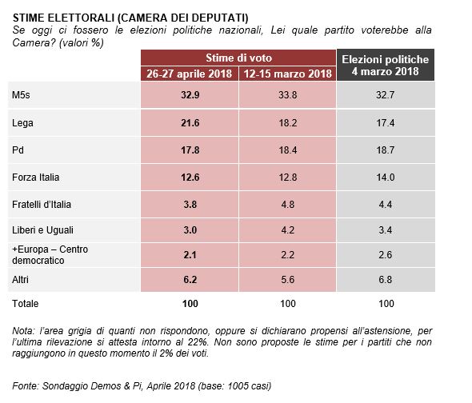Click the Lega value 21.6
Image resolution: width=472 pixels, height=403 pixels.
pyautogui.click(x=190, y=123)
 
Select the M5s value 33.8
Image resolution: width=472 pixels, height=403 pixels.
pyautogui.click(x=287, y=95)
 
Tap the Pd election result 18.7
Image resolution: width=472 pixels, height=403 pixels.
pyautogui.click(x=386, y=150)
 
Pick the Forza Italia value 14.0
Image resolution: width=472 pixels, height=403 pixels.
pyautogui.click(x=386, y=178)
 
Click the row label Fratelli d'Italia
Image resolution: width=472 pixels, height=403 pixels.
pyautogui.click(x=42, y=205)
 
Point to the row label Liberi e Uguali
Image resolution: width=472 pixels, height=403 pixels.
pyautogui.click(x=42, y=230)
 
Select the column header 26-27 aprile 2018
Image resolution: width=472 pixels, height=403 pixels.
pyautogui.click(x=190, y=74)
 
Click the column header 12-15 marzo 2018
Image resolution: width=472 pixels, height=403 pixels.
pyautogui.click(x=287, y=74)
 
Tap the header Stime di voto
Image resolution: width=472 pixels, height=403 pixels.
pyautogui.click(x=238, y=58)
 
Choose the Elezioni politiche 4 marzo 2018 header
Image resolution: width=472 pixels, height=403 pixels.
pyautogui.click(x=386, y=66)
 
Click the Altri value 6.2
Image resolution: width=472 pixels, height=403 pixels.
pyautogui.click(x=190, y=280)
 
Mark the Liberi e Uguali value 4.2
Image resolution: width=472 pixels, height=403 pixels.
pyautogui.click(x=287, y=230)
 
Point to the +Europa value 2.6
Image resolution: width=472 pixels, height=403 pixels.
pyautogui.click(x=386, y=255)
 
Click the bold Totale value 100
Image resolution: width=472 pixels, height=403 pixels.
pyautogui.click(x=190, y=304)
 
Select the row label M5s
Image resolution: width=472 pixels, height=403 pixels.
pyautogui.click(x=21, y=95)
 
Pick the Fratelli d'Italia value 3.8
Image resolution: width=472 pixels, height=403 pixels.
pyautogui.click(x=190, y=205)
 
